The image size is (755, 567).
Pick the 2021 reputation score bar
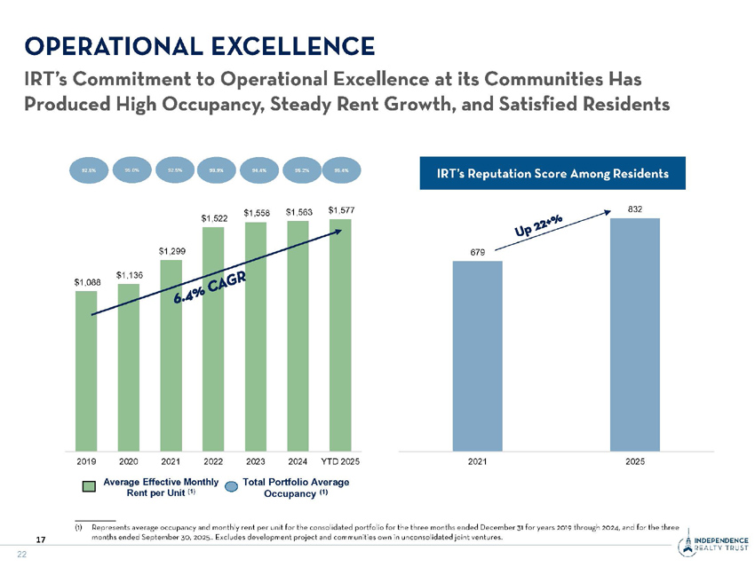(478, 356)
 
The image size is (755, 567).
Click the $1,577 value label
(341, 210)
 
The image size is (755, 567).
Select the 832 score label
(634, 209)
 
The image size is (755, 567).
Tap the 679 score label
(478, 252)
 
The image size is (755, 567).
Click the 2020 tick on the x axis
(129, 461)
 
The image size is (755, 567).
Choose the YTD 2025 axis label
(340, 461)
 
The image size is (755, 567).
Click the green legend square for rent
(89, 486)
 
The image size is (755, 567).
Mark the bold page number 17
(41, 539)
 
